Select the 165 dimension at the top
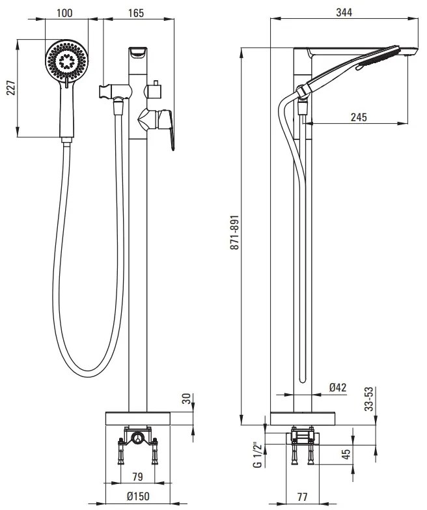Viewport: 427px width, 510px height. coord(135,12)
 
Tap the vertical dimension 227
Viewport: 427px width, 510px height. coord(10,89)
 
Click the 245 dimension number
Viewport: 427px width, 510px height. coord(357,117)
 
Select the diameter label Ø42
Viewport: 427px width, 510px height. coord(338,388)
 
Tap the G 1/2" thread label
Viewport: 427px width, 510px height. coord(258,454)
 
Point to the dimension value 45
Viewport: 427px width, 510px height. coord(347,453)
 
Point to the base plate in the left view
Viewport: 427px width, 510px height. coord(139,418)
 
